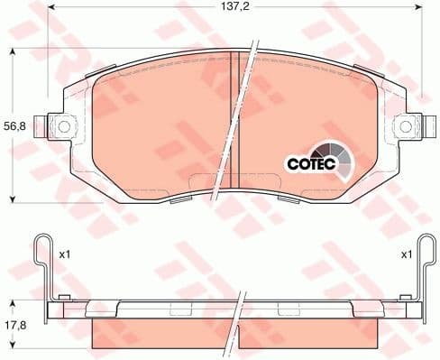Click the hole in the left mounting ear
56,125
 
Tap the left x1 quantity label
65,255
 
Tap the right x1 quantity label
408,255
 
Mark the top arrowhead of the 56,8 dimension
13,52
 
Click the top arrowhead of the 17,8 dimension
13,301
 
